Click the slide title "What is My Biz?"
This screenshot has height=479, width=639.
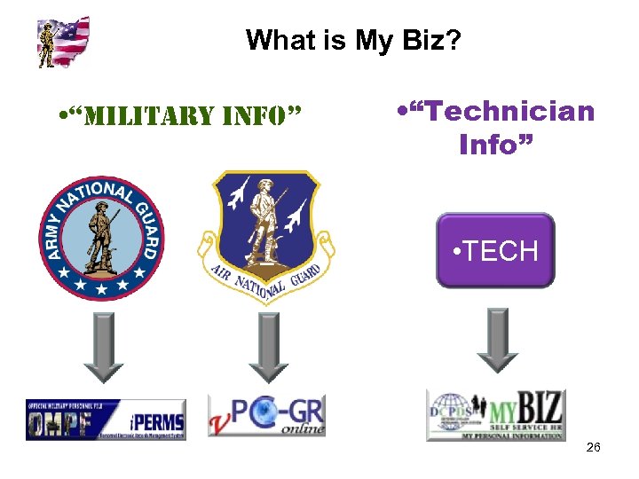point(352,40)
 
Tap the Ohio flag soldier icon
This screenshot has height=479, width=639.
point(63,42)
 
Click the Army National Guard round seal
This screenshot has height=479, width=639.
point(102,237)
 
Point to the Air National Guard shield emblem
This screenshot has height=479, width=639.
point(265,234)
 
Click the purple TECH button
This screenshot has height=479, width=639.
point(495,250)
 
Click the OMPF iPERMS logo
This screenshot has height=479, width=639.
point(106,420)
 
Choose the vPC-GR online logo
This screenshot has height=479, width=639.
point(266,415)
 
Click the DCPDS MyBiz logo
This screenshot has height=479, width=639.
point(495,415)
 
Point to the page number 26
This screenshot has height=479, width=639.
point(593,447)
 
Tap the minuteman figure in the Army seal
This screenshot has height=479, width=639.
point(102,235)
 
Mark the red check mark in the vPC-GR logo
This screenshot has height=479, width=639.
point(221,425)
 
